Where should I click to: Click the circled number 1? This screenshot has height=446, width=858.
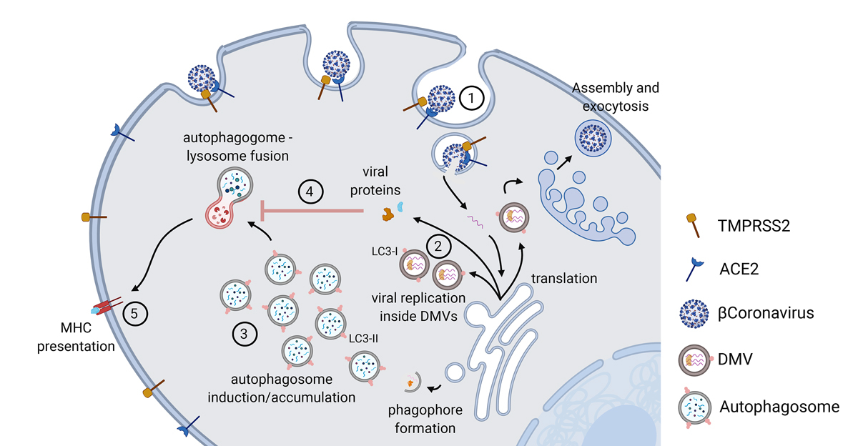[x=472, y=99]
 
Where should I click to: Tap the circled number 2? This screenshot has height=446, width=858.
[x=438, y=245]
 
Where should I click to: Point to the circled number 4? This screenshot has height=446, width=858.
[x=312, y=192]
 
